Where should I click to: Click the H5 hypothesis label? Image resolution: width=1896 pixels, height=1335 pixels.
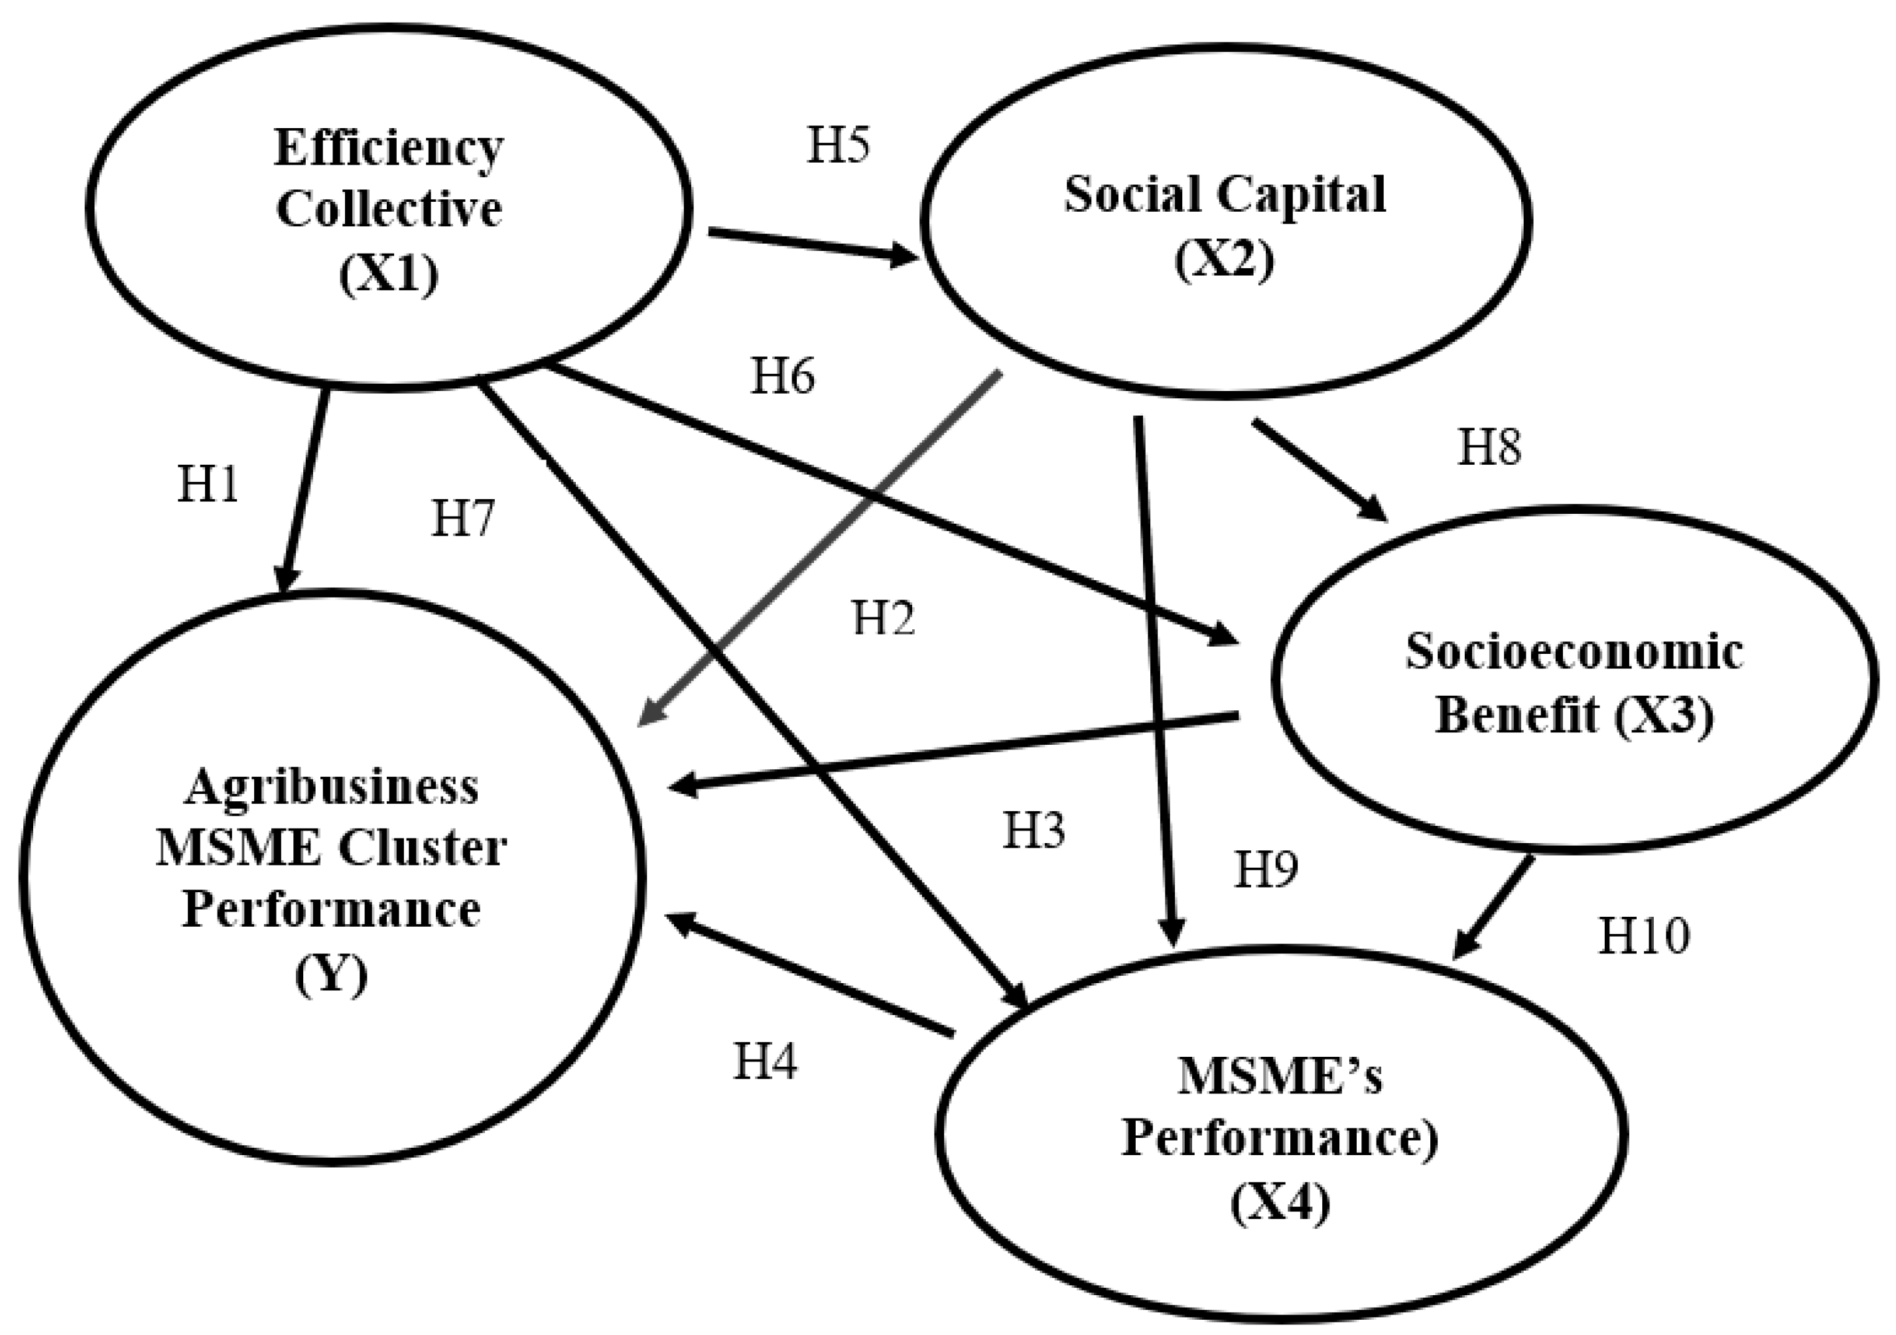tap(837, 146)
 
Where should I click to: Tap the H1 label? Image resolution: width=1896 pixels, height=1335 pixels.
tap(208, 484)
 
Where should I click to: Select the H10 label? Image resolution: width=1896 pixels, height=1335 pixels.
tap(1644, 937)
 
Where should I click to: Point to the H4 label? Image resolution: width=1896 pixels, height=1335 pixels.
tap(766, 1061)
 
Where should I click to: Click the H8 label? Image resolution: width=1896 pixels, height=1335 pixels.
tap(1489, 447)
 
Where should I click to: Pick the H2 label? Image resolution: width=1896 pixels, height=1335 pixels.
tap(884, 618)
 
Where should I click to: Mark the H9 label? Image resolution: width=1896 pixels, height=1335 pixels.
tap(1266, 869)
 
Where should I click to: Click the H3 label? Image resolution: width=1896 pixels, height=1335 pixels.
tap(1034, 830)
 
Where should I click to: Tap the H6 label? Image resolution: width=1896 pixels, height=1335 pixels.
tap(782, 376)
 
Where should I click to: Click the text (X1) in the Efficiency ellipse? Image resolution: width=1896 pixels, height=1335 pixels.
tap(388, 274)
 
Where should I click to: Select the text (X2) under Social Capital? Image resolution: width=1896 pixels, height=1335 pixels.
tap(1225, 260)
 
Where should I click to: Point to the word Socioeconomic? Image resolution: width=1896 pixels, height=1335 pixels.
tap(1574, 652)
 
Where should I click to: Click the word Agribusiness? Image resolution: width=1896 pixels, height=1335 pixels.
tap(330, 787)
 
